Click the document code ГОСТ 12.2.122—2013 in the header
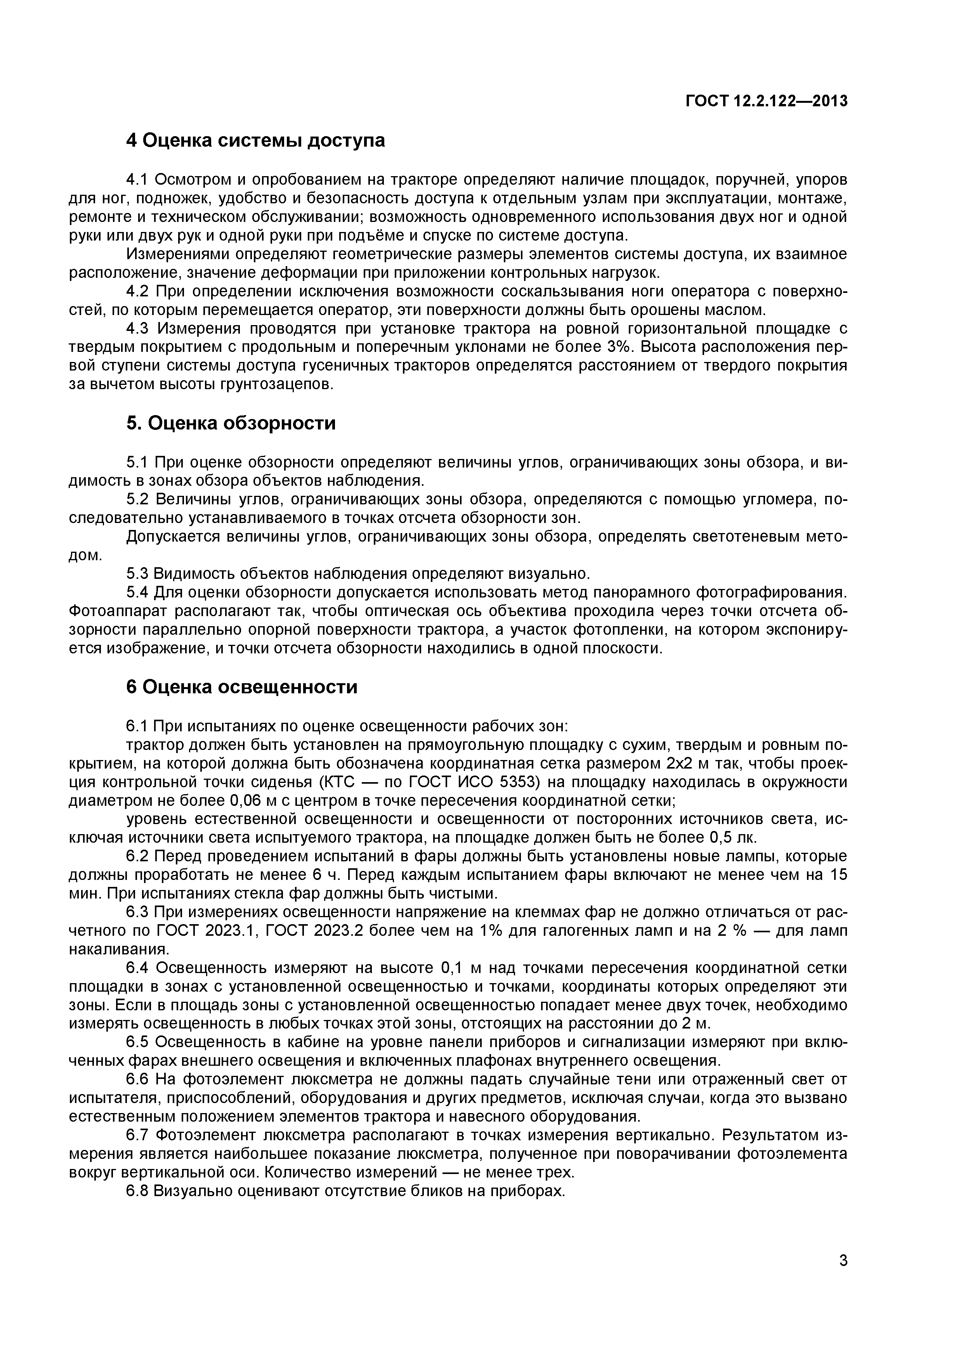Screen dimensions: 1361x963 point(766,101)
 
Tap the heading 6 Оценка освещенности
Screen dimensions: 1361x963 point(242,687)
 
